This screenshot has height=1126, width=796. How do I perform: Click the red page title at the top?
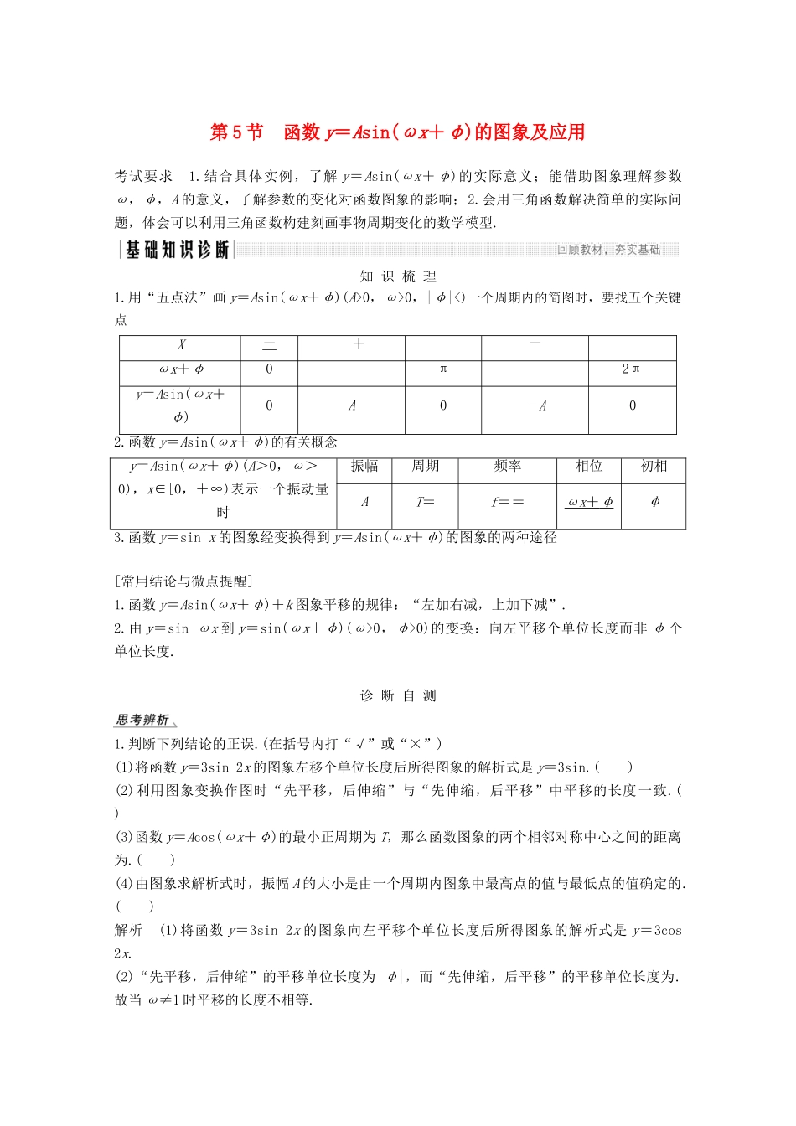[x=397, y=132]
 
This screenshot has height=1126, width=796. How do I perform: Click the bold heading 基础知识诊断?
[x=177, y=250]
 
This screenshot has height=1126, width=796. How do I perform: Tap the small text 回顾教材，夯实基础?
[x=608, y=250]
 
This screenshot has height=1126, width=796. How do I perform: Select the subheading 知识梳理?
[x=398, y=276]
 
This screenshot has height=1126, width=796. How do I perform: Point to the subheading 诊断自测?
[x=398, y=695]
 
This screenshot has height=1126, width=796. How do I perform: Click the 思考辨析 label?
[x=143, y=720]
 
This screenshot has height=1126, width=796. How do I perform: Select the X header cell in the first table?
[x=181, y=345]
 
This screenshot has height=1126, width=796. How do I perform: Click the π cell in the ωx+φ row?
[x=443, y=369]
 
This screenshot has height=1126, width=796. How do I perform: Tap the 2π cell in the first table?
[x=632, y=369]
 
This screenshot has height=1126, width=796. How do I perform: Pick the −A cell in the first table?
[x=535, y=406]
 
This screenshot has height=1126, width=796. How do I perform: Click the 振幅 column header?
[x=364, y=467]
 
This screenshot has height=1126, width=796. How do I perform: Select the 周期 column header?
[x=426, y=467]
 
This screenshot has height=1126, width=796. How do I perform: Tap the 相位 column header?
[x=589, y=467]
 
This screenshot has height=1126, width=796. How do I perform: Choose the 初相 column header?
[x=654, y=467]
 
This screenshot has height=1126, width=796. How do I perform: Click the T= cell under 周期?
[x=426, y=503]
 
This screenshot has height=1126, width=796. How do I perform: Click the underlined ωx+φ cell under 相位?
[x=590, y=503]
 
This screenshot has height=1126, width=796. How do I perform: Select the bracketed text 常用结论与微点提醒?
[x=183, y=581]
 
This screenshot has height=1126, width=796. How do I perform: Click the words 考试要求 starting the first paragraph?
[x=143, y=176]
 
